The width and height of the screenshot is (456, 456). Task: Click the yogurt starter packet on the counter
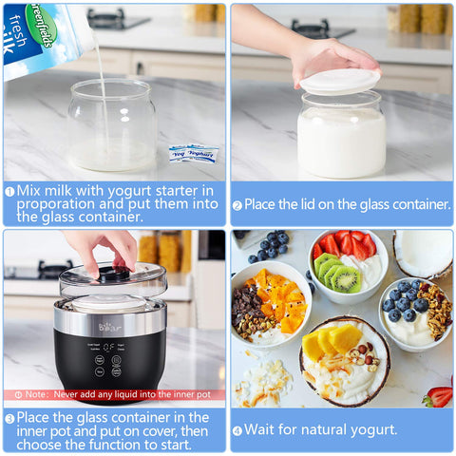193,153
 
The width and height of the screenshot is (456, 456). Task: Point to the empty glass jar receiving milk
112,124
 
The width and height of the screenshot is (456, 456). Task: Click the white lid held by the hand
339,82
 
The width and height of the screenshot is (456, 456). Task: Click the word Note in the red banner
37,394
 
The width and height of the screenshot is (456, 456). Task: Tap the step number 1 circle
9,191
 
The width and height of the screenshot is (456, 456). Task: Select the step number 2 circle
237,204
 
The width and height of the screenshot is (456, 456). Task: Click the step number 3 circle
9,418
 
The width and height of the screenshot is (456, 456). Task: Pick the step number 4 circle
237,429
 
